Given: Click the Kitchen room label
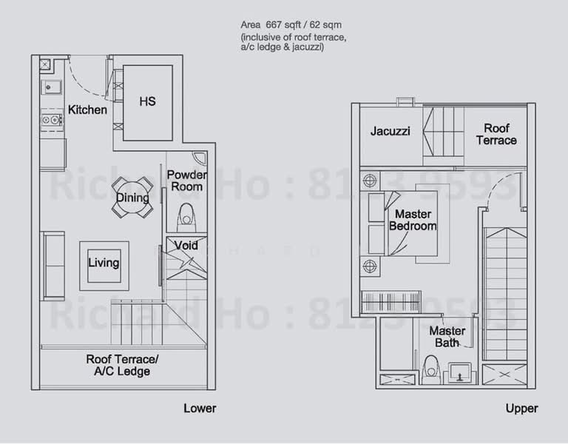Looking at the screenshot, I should (x=87, y=110).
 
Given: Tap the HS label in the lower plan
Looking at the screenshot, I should (x=147, y=102).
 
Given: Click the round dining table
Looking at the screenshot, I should (x=133, y=198).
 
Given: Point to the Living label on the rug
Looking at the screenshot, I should (x=104, y=263).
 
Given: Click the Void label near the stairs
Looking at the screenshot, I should (x=186, y=245).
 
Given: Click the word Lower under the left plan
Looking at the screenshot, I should (x=200, y=408).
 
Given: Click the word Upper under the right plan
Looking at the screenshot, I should (x=521, y=408).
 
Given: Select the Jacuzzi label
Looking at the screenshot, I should (x=390, y=132).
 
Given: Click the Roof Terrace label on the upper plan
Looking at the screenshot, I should (x=496, y=134).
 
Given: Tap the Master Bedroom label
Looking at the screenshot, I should (x=413, y=220).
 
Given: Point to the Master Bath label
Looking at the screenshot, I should (x=447, y=337).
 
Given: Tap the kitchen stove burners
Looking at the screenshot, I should (x=50, y=119).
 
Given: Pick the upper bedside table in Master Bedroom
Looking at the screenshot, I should (x=370, y=181).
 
